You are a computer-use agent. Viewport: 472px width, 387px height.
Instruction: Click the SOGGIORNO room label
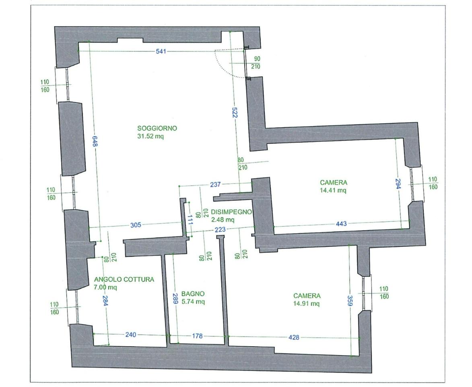click(157, 128)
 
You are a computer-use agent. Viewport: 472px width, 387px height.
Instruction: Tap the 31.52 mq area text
click(150, 136)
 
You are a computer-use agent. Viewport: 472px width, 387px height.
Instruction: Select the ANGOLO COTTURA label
click(124, 279)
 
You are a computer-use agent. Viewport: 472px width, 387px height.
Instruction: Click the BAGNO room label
click(193, 293)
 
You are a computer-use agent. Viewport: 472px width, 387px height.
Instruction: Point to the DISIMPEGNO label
click(231, 212)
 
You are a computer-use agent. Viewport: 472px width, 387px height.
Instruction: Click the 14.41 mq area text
click(333, 190)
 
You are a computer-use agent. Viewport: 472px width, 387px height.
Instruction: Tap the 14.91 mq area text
click(307, 304)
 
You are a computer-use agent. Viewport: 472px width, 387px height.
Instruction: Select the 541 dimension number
click(161, 51)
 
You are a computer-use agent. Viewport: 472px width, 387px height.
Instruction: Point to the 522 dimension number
click(235, 112)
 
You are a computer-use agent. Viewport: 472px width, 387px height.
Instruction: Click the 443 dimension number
click(341, 223)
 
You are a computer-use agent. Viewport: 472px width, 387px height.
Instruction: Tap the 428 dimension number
click(294, 337)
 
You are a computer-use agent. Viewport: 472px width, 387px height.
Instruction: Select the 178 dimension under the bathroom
click(197, 336)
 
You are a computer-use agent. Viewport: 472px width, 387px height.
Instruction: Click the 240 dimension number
click(131, 335)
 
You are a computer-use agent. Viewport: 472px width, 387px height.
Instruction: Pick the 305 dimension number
click(136, 225)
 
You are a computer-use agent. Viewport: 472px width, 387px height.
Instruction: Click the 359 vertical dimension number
click(350, 300)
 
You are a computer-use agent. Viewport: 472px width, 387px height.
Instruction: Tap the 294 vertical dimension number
click(398, 183)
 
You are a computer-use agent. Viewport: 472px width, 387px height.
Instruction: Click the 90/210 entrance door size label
click(256, 63)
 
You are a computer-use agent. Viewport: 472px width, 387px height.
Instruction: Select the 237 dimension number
click(215, 184)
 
